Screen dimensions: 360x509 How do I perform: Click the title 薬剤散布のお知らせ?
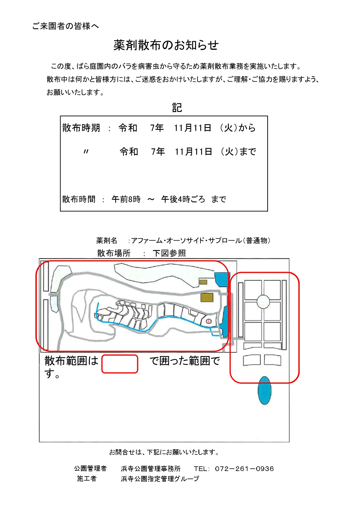[x=166, y=45]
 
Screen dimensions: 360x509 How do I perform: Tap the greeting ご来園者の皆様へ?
[x=66, y=26]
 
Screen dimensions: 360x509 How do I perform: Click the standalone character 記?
[x=177, y=108]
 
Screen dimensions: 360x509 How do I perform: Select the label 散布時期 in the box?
[x=81, y=128]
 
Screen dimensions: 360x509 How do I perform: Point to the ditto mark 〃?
[x=86, y=151]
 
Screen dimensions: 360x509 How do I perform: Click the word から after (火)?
[x=247, y=128]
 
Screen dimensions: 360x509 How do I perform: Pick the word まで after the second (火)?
[x=248, y=151]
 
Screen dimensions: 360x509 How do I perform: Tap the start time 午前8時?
[x=126, y=199]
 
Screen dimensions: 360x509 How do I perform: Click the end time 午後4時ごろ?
[x=183, y=199]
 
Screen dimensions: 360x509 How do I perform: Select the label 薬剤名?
[x=106, y=240]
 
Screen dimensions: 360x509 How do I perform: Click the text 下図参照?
[x=169, y=253]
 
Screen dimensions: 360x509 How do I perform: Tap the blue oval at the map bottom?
[x=264, y=390]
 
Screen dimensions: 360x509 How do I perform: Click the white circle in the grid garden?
[x=263, y=302]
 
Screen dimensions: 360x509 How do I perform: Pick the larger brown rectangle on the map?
[x=207, y=297]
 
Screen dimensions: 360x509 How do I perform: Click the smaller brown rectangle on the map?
[x=203, y=282]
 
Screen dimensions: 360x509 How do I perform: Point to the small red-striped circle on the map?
[x=208, y=321]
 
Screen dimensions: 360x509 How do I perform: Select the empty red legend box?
[x=120, y=364]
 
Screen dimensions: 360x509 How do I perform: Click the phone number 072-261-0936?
[x=244, y=469]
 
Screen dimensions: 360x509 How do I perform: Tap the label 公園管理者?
[x=90, y=468]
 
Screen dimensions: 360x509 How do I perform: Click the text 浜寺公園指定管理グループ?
[x=160, y=479]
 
